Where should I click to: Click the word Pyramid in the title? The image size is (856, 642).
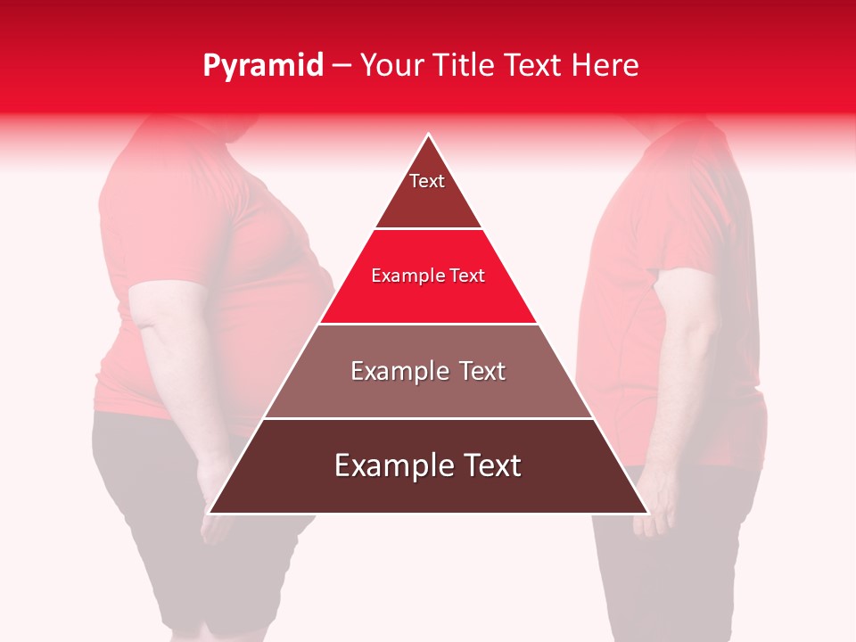[262, 66]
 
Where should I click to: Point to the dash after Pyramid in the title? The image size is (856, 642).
[342, 66]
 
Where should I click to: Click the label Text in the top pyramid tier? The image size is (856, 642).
[427, 181]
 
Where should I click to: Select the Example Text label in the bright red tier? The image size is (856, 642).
[428, 276]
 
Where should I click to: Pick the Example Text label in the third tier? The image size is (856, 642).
[428, 371]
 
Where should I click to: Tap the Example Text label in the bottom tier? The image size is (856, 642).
[428, 465]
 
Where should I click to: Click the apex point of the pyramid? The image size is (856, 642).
[429, 136]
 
